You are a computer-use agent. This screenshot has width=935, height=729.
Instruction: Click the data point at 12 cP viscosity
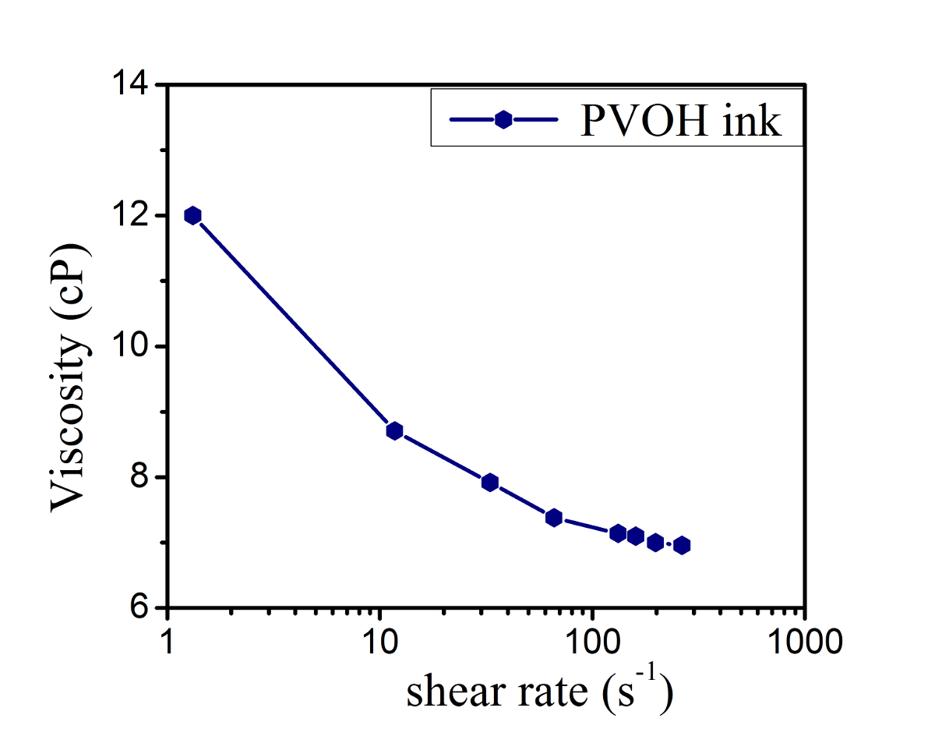coord(192,216)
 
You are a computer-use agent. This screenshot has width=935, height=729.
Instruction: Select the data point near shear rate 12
coord(394,431)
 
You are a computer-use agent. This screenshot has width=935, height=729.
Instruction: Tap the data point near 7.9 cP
coord(490,483)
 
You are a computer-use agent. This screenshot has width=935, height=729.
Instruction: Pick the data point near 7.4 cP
coord(554,518)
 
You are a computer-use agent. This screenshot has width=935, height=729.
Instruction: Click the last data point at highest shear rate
coord(682,545)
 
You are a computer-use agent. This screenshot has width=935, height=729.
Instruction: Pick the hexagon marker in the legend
coord(503,120)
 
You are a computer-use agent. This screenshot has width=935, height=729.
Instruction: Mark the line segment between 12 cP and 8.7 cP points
coord(293,324)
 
